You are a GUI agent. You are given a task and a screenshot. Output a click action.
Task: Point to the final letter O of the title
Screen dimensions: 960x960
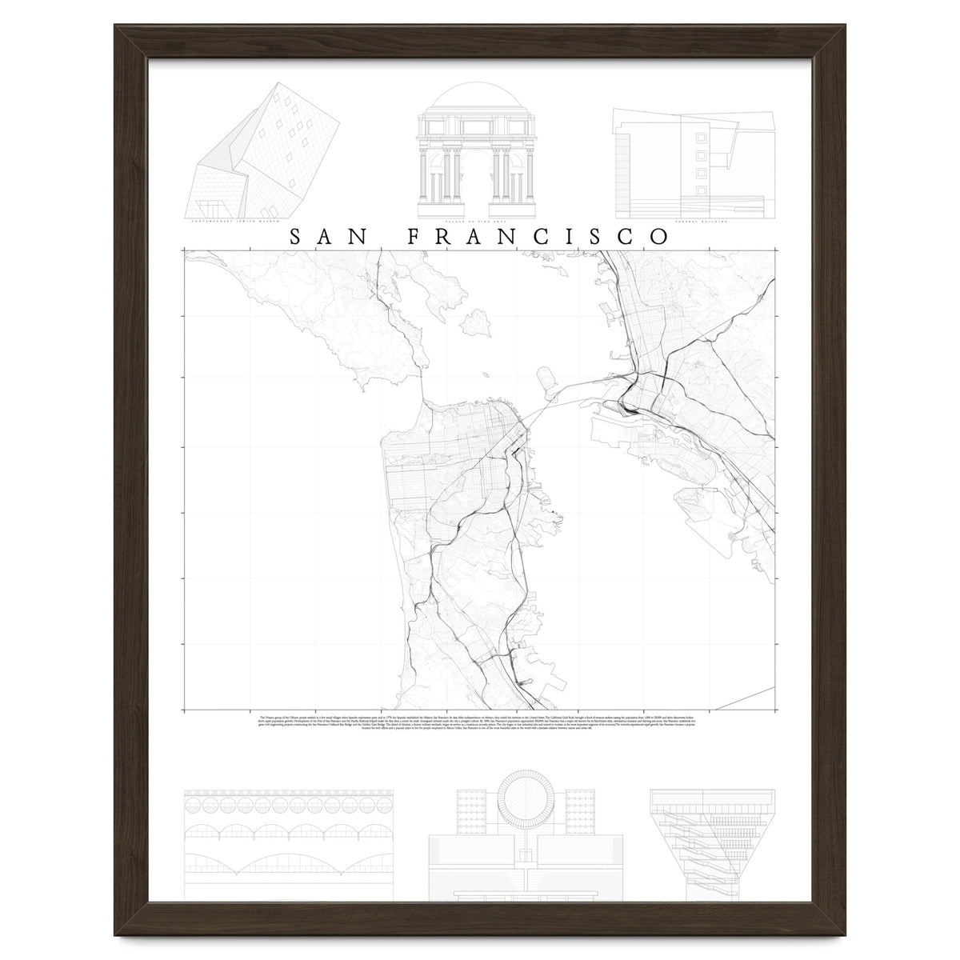(659, 237)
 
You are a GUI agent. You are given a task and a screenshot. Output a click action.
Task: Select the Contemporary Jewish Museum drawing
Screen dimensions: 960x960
(264, 152)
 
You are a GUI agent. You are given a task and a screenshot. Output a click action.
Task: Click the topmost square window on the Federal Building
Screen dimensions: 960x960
(701, 135)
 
